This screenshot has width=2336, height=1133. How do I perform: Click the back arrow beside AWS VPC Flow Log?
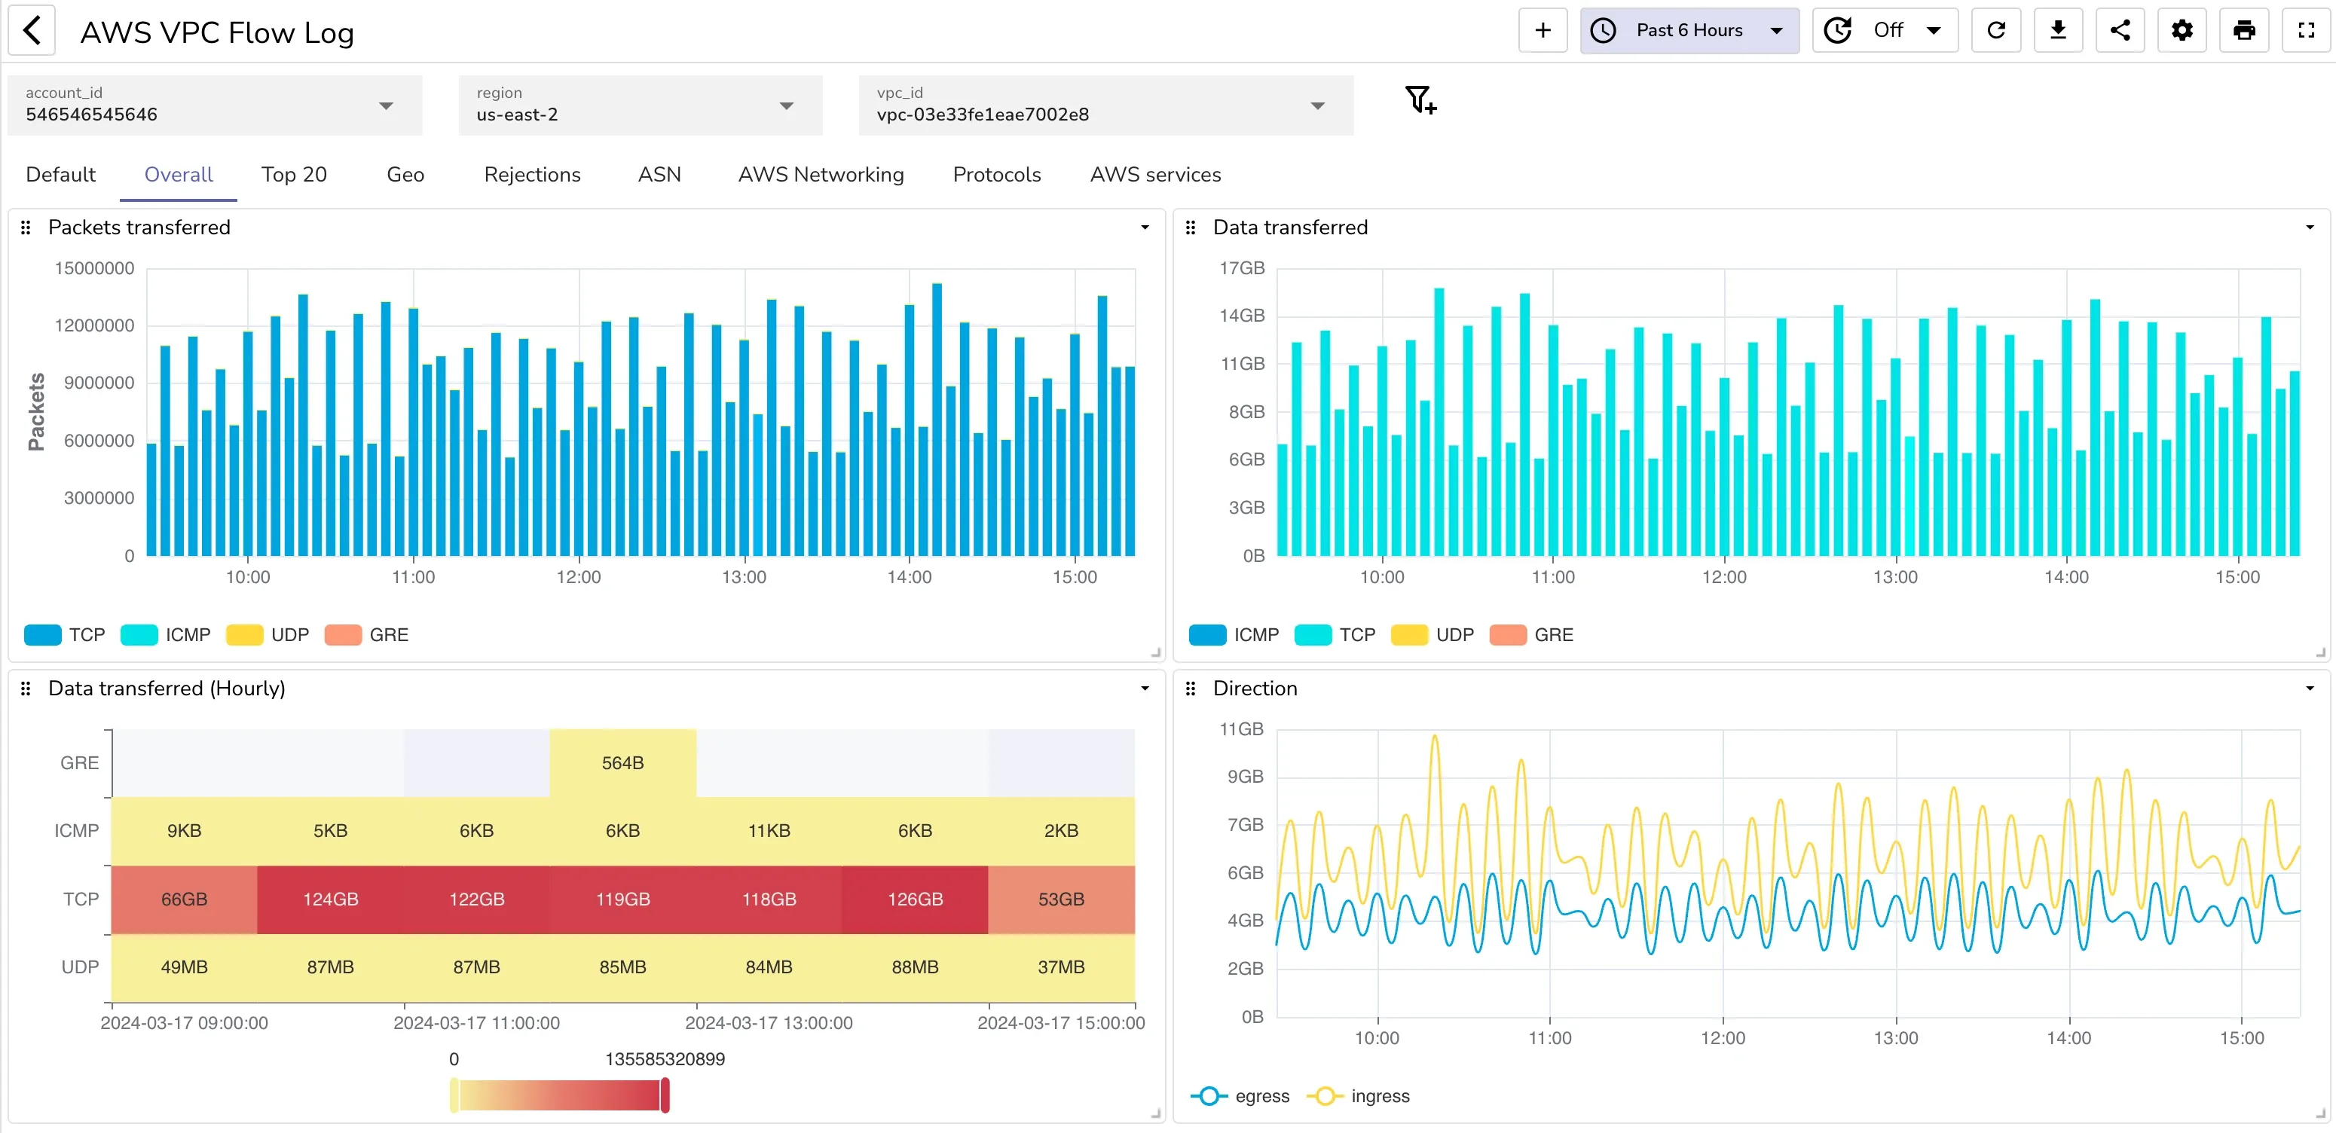tap(32, 31)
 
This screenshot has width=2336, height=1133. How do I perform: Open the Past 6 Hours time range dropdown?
tap(1689, 31)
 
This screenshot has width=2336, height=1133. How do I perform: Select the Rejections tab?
tap(531, 174)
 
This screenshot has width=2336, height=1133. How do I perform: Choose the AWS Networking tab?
tap(820, 174)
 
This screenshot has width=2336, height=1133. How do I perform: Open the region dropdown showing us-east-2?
tap(639, 106)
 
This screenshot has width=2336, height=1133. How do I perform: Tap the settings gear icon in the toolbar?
tap(2182, 31)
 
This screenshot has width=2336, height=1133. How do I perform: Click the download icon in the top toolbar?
tap(2058, 31)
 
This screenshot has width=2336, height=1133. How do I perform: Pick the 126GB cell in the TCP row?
tap(914, 899)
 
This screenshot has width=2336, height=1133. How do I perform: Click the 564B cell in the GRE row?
tap(622, 763)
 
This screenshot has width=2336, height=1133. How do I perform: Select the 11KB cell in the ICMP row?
tap(768, 830)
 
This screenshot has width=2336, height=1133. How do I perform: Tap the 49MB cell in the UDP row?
tap(184, 967)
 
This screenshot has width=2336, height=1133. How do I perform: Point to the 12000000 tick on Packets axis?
tap(94, 325)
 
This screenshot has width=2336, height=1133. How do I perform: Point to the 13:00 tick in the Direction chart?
tap(1895, 1038)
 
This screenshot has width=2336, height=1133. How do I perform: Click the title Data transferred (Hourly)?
tap(166, 688)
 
